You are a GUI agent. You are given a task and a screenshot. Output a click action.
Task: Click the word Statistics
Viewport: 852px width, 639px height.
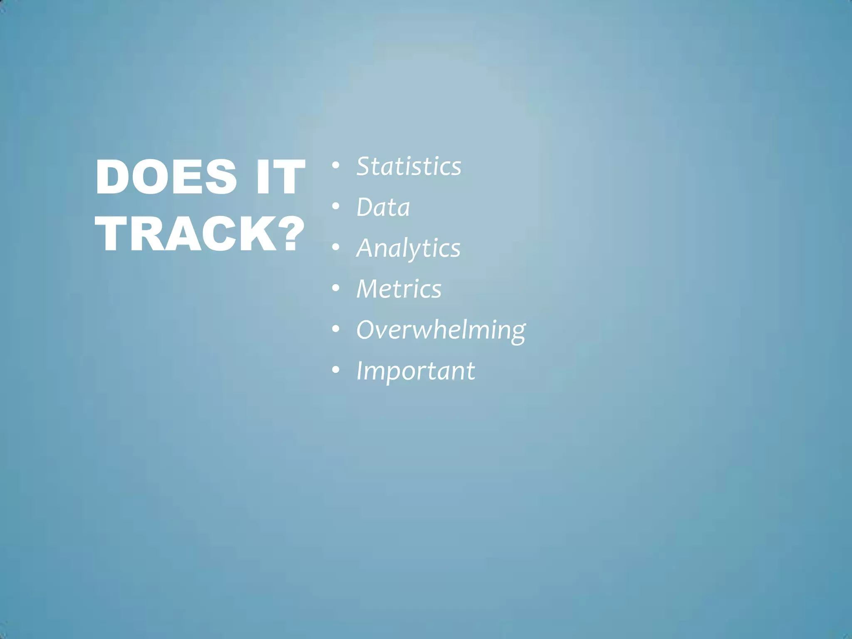click(x=409, y=166)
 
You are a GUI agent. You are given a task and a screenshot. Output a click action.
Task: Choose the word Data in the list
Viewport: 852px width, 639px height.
click(x=383, y=207)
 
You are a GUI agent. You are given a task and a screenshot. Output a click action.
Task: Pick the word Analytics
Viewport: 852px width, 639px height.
click(x=408, y=248)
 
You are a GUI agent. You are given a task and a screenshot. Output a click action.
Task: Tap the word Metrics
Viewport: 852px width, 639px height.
click(x=399, y=289)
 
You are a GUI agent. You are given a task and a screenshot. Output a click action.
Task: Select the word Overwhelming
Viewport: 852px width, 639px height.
click(x=441, y=330)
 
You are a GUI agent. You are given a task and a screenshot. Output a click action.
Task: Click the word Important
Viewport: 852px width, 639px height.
click(x=415, y=371)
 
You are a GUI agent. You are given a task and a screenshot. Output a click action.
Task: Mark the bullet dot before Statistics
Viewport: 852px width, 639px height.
click(x=336, y=166)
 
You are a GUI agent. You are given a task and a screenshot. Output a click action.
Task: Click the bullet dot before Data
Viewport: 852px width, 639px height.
click(x=336, y=206)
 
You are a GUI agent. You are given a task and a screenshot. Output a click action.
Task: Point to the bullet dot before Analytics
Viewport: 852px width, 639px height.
click(x=336, y=247)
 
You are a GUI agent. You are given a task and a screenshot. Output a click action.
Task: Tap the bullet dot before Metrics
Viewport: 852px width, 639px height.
click(x=336, y=288)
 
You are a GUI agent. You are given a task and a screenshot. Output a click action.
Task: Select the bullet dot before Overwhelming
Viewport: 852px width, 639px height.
click(x=336, y=329)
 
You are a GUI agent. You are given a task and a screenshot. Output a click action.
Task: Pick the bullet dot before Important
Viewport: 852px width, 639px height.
click(x=336, y=369)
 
